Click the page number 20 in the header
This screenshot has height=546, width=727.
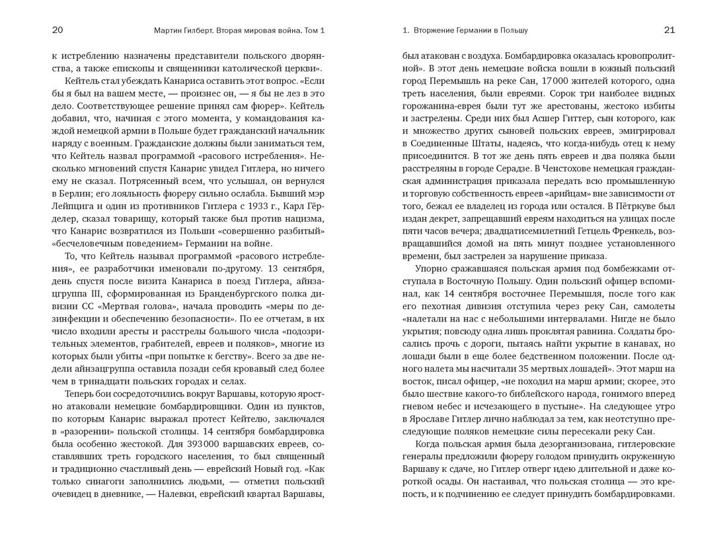[57, 30]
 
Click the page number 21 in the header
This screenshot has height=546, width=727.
[669, 30]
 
